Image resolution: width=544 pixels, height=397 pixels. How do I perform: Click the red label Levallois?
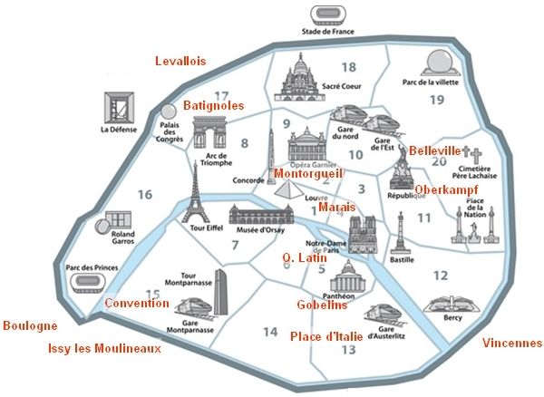tap(180, 61)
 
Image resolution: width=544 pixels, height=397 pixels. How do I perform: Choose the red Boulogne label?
tap(30, 325)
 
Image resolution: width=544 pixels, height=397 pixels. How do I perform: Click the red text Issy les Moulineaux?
tap(104, 348)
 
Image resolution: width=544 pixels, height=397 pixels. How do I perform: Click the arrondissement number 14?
tap(270, 332)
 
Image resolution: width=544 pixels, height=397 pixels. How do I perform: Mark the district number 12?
tap(441, 275)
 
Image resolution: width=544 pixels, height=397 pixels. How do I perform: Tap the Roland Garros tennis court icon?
tap(114, 222)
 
